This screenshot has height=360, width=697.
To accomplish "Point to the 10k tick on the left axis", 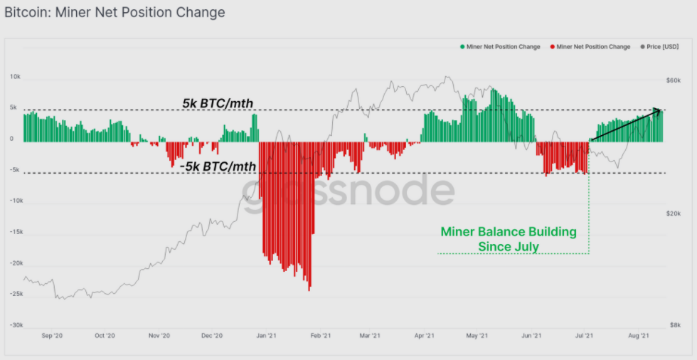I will (14, 76).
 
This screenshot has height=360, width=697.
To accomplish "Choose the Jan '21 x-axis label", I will (266, 335).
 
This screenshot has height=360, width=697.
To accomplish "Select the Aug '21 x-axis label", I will (637, 335).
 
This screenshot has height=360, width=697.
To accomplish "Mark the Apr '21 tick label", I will (425, 335).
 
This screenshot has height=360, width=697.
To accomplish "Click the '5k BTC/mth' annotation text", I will (218, 104).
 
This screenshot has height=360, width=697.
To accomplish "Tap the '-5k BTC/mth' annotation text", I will (218, 166).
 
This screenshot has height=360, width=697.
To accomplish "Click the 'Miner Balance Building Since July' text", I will (509, 240).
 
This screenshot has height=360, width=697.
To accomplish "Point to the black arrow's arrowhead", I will (659, 110).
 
